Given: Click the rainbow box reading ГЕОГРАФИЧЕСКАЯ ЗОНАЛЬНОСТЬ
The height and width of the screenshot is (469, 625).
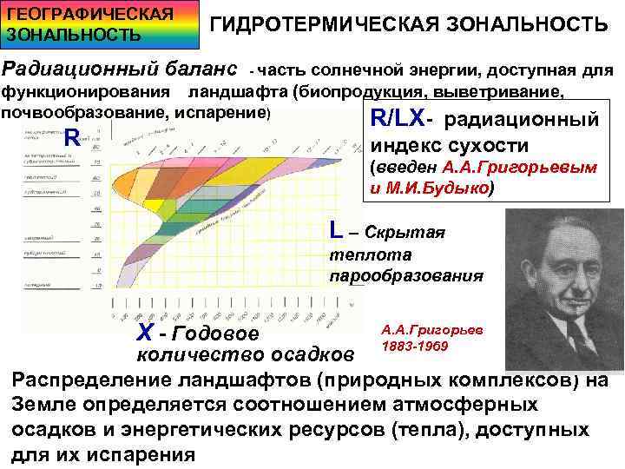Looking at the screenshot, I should (x=76, y=24).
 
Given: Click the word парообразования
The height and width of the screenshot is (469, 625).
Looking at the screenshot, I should (x=406, y=277).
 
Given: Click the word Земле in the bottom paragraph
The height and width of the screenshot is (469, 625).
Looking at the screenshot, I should (x=43, y=406).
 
